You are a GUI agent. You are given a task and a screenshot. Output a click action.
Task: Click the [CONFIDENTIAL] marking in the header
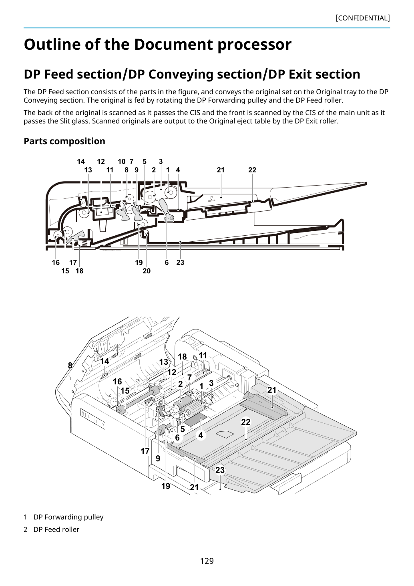click(362, 18)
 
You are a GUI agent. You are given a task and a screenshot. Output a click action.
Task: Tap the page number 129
click(207, 561)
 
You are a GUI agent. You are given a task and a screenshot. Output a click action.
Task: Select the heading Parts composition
click(64, 141)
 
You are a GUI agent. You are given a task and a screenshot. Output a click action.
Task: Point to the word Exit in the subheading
click(300, 74)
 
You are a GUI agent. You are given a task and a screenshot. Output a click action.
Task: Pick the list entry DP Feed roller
click(56, 529)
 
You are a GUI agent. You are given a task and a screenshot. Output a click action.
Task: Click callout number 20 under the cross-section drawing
click(147, 271)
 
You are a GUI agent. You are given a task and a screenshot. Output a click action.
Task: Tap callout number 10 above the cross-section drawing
click(122, 162)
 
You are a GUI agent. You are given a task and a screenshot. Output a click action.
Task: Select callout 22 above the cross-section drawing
click(252, 170)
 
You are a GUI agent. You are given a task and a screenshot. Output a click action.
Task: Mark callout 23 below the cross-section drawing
click(180, 263)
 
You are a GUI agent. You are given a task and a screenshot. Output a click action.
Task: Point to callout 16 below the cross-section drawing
click(56, 263)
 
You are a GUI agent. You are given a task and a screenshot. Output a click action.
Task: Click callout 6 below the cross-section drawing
click(167, 263)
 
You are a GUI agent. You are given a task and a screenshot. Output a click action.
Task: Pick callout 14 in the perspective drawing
click(105, 361)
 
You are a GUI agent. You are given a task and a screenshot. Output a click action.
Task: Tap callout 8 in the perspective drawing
click(70, 366)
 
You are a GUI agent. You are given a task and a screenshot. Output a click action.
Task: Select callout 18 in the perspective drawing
click(182, 357)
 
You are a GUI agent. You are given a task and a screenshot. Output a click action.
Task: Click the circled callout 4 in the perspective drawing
click(201, 435)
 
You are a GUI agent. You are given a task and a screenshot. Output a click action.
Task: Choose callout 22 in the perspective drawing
click(246, 422)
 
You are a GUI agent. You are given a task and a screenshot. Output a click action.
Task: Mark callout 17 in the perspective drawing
click(145, 451)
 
